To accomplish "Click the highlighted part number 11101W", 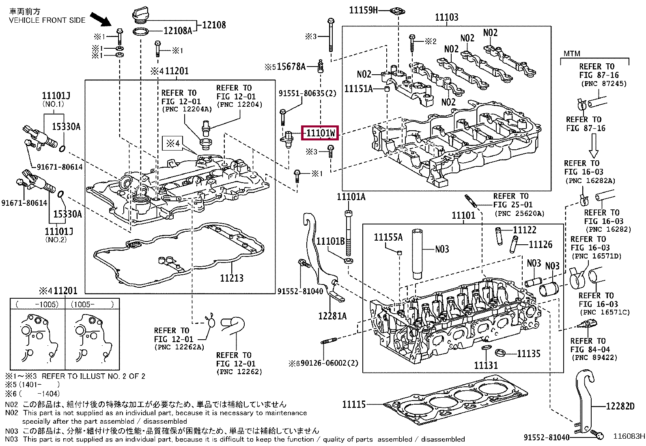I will point(320,133).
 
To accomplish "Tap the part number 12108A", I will point(178,31).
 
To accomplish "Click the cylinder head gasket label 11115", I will point(353,404).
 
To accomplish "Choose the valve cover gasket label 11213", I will point(232,278).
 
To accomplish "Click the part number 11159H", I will point(363,10).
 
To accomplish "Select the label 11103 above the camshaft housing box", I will point(446,17).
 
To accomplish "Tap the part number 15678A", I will point(291,67).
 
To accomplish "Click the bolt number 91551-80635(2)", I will point(307,93).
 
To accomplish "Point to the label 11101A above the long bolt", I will point(351,197).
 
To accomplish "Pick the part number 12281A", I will point(332,316).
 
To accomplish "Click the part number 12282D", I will point(620,406).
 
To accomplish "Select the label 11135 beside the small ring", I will point(528,354).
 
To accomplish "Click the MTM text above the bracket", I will point(572,54).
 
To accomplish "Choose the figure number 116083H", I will point(629,436).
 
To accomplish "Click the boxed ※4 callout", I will point(173,143).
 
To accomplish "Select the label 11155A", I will point(388,237).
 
